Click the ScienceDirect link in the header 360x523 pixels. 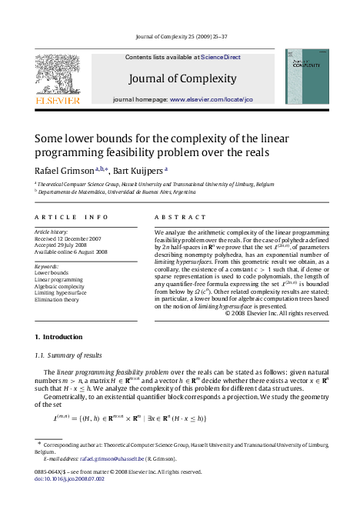[222, 57]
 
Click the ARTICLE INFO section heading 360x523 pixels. [72, 218]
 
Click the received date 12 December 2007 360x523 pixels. [82, 238]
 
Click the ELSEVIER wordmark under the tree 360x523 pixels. [57, 100]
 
